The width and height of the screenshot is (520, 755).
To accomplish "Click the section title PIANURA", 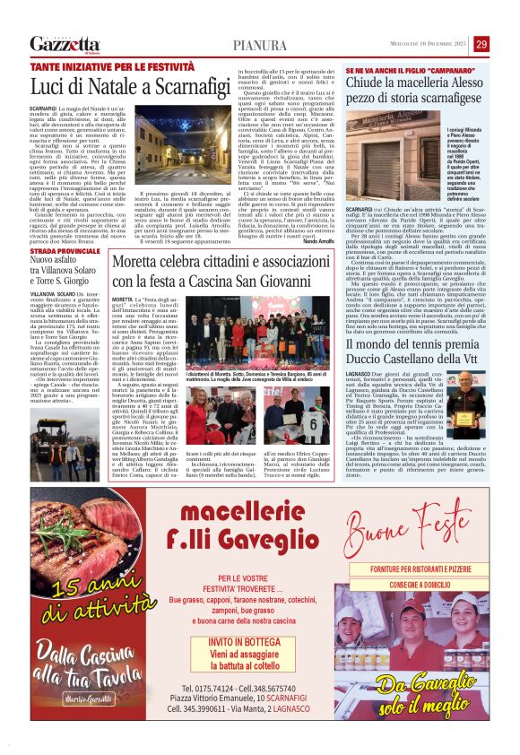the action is (x=260, y=45).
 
